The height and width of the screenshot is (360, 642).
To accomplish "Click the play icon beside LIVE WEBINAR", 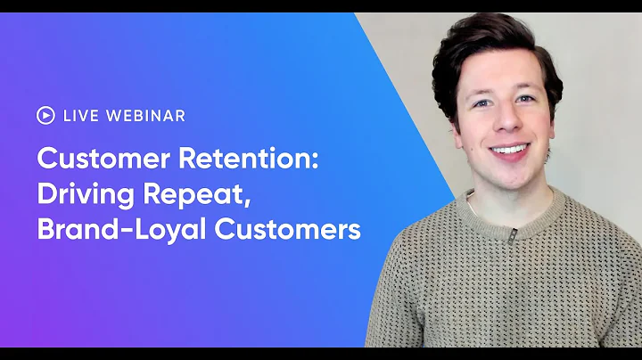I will click(x=45, y=115).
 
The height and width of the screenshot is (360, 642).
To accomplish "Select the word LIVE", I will click(x=81, y=115).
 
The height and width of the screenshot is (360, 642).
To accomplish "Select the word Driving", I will click(x=81, y=196).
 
